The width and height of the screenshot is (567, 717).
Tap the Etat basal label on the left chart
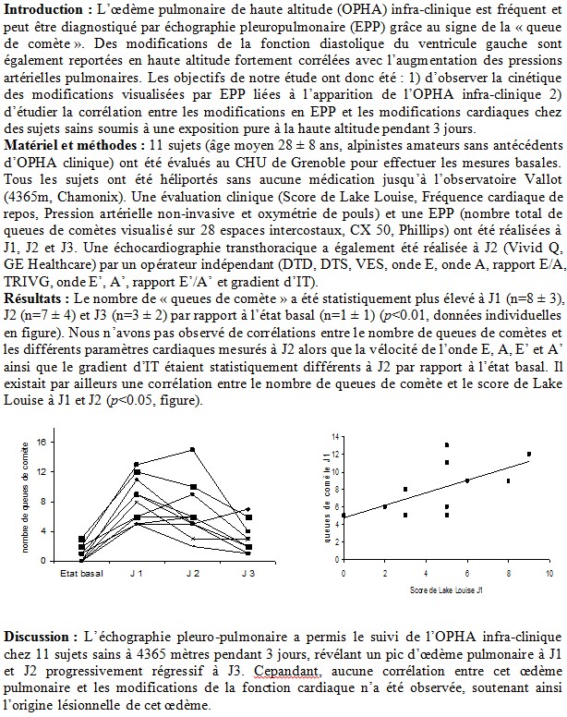coord(81,575)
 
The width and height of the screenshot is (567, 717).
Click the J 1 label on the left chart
coord(137,575)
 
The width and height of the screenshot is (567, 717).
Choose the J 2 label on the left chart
coord(193,575)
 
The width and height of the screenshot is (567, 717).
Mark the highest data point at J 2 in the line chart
coord(192,450)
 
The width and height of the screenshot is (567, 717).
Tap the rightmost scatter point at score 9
coord(529,454)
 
